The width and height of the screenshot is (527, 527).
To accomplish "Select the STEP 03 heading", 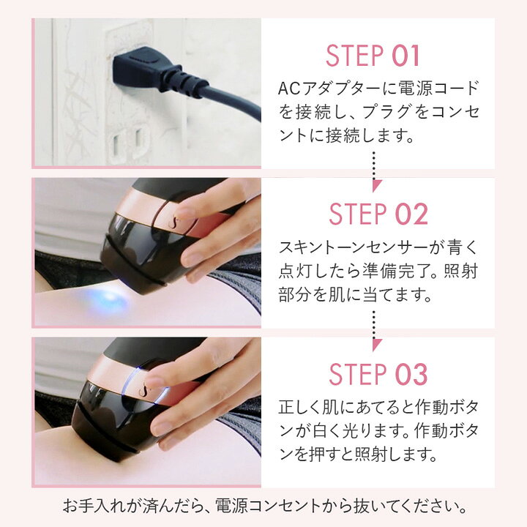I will click(378, 374).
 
